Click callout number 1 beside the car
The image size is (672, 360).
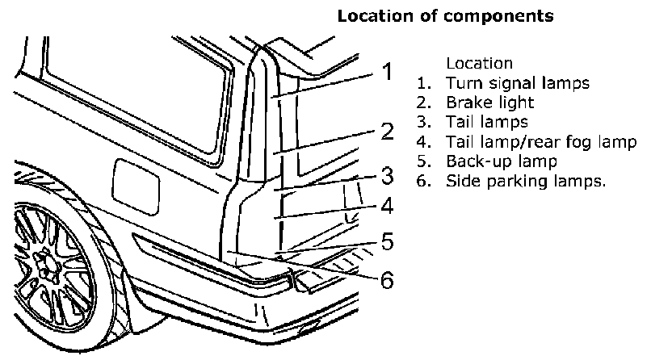387,73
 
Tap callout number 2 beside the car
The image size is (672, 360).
387,132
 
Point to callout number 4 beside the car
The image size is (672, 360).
387,206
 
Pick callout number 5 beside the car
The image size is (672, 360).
387,241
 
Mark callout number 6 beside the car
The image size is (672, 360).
387,280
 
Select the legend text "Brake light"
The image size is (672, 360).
489,103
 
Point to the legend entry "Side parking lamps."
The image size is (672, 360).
526,181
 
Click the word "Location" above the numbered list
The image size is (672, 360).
478,63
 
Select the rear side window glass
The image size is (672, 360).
129,89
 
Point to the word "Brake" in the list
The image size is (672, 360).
466,103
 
